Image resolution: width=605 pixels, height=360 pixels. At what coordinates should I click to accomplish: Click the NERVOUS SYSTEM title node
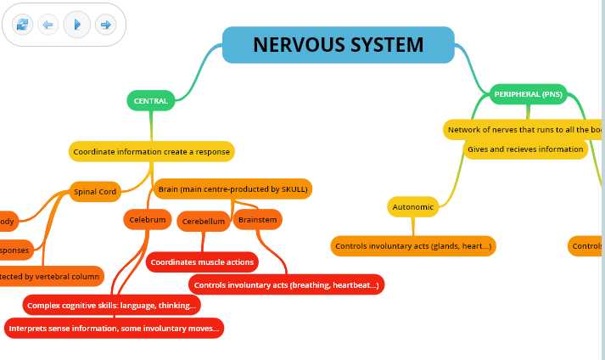[338, 44]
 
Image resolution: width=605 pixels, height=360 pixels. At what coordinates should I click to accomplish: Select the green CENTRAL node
[151, 101]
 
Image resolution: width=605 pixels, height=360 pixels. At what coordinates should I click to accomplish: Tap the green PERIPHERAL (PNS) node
[528, 94]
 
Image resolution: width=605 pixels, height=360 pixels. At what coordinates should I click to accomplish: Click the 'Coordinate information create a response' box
[151, 152]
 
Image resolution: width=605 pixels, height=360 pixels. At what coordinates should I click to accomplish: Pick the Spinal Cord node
[95, 192]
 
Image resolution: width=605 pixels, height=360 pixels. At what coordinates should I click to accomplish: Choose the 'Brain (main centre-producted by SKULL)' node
[232, 188]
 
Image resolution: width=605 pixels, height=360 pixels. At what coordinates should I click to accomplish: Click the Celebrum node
[148, 219]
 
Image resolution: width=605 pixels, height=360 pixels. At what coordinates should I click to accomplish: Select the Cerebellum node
[204, 222]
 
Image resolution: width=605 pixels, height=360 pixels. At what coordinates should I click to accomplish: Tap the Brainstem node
[257, 219]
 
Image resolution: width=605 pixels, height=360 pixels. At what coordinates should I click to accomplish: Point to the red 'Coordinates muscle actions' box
[202, 262]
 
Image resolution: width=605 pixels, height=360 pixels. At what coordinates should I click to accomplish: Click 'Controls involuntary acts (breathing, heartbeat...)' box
[286, 284]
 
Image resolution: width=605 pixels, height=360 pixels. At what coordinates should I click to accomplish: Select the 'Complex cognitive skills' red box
[112, 304]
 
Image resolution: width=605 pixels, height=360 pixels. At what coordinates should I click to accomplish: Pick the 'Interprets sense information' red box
[114, 328]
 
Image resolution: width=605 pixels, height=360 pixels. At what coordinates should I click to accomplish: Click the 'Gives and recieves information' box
[526, 149]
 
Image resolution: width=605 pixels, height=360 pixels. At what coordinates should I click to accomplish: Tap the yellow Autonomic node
[413, 206]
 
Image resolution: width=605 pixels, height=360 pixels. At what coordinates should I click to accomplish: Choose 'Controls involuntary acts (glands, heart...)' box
[413, 246]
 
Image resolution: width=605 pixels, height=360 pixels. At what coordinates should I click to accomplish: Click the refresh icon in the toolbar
[22, 25]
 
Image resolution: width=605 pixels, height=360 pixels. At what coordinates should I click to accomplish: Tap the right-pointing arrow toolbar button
[105, 25]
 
